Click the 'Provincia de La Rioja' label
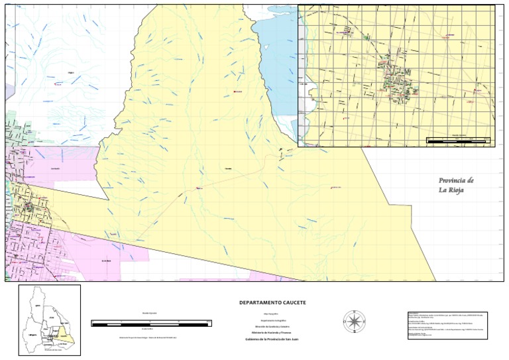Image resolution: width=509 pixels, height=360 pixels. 456,186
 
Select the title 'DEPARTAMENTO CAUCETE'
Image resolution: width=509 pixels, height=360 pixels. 272,302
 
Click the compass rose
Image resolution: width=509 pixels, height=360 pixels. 355,322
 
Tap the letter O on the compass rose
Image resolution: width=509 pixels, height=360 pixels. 345,322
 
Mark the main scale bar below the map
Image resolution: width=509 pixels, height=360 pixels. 151,323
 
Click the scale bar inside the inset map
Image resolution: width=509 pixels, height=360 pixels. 457,140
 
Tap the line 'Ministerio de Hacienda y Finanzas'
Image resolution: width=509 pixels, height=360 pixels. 272,332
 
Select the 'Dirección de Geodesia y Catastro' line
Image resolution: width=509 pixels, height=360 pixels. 272,326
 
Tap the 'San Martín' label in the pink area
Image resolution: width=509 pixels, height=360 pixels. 56,168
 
